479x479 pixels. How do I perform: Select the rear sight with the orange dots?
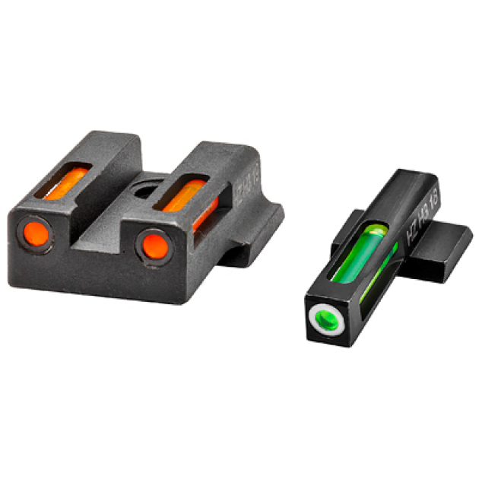(137, 220)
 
